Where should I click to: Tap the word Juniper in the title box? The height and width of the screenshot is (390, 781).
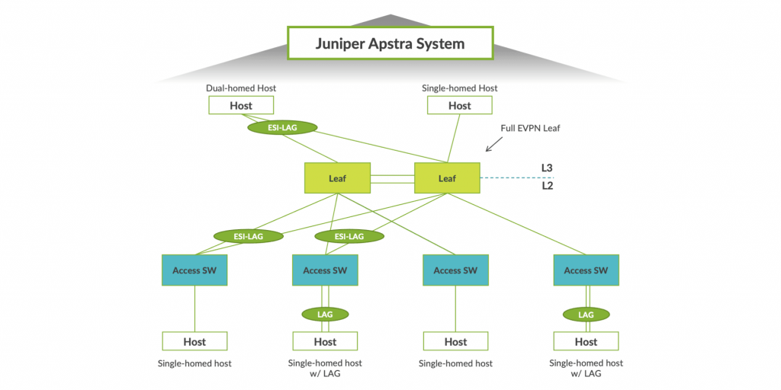click(339, 43)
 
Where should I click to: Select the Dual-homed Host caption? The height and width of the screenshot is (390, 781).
click(241, 88)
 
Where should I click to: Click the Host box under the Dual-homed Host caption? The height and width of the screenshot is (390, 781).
click(241, 106)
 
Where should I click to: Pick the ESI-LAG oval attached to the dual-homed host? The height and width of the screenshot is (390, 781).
click(282, 127)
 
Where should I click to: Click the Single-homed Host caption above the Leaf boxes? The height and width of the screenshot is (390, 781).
click(460, 88)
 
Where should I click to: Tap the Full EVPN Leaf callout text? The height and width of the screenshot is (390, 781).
click(530, 128)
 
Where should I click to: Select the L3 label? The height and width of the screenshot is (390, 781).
click(548, 168)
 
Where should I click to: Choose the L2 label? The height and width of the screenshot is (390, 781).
click(548, 186)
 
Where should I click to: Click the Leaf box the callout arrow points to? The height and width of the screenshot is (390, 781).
click(447, 178)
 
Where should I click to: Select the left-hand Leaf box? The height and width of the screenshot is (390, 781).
click(337, 178)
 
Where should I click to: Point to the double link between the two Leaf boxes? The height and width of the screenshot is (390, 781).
click(392, 178)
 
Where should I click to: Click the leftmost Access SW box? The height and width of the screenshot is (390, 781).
click(194, 270)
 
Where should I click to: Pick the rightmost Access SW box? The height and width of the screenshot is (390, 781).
click(587, 270)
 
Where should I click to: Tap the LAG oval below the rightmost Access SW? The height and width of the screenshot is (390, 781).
click(587, 314)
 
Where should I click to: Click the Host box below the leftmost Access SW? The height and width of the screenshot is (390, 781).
click(194, 341)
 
